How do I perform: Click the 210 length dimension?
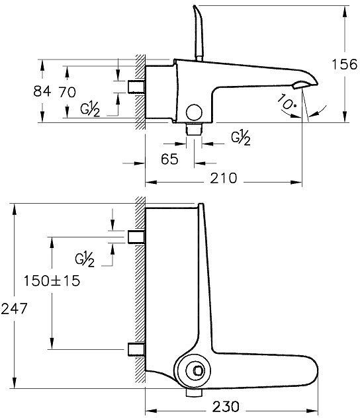225,178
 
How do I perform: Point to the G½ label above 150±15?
85,259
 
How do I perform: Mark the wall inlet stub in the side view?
136,87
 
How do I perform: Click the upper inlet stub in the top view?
136,236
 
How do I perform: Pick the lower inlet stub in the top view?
136,349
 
